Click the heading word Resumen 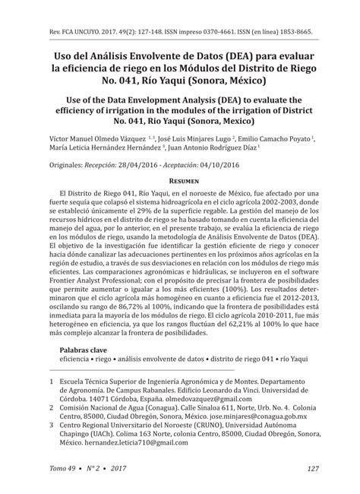(179, 182)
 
